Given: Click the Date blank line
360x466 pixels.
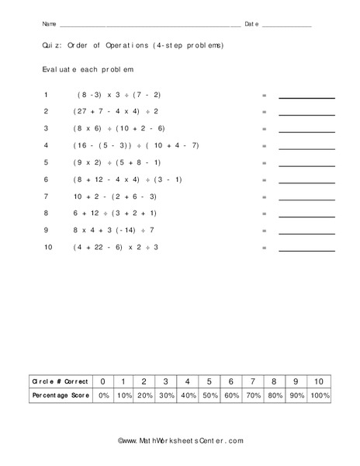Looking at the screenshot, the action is (x=286, y=26).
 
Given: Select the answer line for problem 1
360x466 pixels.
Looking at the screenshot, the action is (x=306, y=96).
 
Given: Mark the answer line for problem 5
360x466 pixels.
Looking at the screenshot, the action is (x=306, y=164).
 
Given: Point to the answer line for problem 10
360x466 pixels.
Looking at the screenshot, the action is (x=306, y=249).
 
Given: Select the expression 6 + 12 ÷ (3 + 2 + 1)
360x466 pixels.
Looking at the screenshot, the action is (x=115, y=213).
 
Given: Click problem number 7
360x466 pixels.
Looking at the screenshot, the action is (x=47, y=196).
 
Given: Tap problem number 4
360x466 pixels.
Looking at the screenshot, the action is (x=47, y=145).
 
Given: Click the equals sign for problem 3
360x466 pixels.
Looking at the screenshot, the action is (x=264, y=129).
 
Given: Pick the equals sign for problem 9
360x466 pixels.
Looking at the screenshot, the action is (x=264, y=231).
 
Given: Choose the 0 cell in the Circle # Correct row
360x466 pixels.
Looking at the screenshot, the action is (x=102, y=382).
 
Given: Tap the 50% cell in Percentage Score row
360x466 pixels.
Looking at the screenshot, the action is (x=210, y=395).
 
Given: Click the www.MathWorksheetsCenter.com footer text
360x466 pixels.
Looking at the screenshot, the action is (x=181, y=441).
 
